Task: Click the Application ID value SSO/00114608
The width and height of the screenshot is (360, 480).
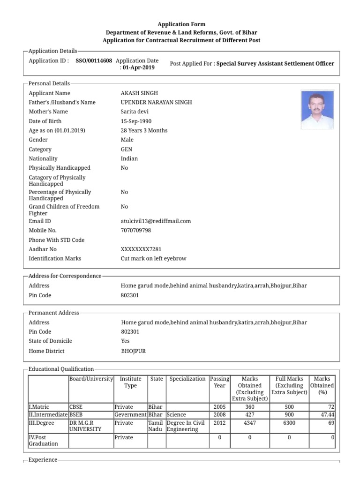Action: [94, 60]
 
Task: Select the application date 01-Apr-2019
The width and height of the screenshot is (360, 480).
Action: [138, 67]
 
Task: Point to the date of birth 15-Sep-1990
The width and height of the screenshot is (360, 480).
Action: [136, 121]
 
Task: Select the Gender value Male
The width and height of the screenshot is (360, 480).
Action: [127, 140]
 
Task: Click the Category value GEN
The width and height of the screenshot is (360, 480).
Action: [127, 150]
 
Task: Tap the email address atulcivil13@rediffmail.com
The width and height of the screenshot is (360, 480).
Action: [156, 221]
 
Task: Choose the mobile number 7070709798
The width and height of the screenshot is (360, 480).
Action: [136, 231]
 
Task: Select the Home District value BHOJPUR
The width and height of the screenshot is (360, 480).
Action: [133, 351]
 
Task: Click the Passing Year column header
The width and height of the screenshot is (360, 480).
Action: [219, 382]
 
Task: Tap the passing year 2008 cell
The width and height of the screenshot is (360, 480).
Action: [219, 414]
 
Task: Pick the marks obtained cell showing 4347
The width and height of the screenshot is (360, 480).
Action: [249, 423]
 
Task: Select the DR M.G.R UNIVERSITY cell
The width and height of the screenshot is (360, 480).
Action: [85, 426]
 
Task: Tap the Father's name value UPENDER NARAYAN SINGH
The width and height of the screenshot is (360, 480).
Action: [156, 102]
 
